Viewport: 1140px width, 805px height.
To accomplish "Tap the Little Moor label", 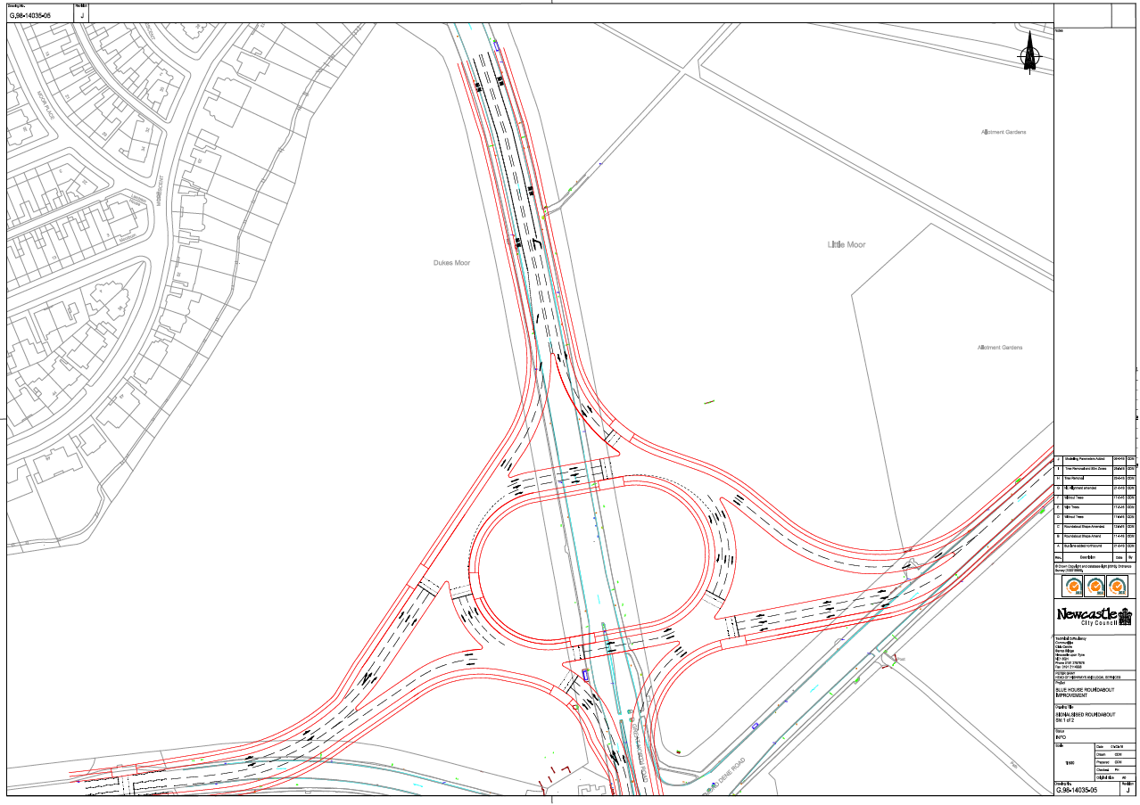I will [847, 244].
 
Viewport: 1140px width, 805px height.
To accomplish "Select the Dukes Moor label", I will [451, 263].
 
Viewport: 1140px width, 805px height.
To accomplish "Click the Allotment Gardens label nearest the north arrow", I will [1004, 132].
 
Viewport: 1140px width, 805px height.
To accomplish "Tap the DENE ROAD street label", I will [724, 776].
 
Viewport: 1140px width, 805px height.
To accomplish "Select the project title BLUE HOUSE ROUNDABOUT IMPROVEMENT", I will [1084, 693].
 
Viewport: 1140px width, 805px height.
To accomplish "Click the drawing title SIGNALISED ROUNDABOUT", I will [1082, 715].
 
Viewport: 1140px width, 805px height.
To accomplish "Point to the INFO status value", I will [1061, 738].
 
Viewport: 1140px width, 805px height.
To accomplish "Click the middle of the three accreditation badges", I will [1095, 586].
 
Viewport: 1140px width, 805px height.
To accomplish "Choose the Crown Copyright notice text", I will [1094, 567].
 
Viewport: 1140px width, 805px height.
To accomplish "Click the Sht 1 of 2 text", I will [1068, 720].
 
